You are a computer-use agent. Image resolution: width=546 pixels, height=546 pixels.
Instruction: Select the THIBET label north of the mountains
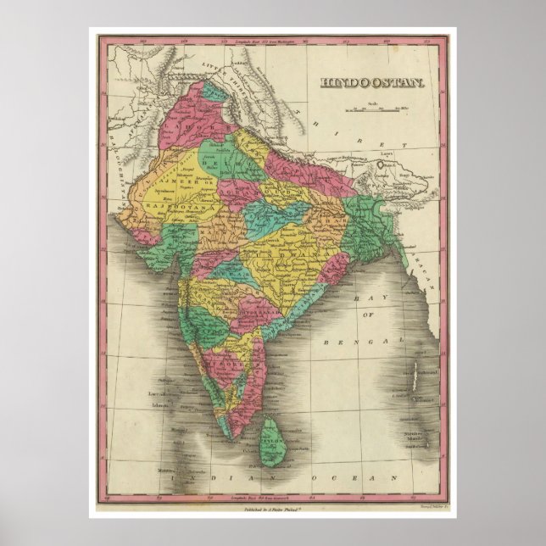pos(355,128)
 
